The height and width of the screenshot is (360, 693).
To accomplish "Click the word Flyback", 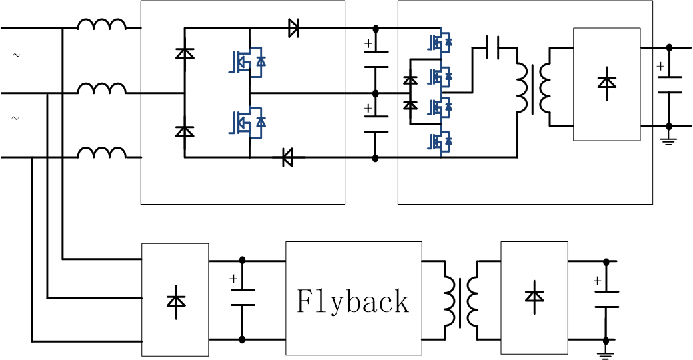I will tap(353, 301).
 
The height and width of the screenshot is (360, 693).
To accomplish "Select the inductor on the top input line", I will tap(101, 25).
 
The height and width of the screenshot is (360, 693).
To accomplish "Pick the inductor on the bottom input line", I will tap(101, 153).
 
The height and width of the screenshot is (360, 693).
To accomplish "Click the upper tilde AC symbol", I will tap(16, 55).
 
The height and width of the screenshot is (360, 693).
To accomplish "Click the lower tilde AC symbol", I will tap(16, 119).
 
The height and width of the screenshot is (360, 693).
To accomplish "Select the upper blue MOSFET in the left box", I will tap(245, 61).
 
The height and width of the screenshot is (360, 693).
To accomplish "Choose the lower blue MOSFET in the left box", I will tap(245, 122).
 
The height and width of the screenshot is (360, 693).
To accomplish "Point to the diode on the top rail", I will tap(293, 28).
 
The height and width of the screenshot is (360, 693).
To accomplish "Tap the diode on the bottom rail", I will tap(288, 158).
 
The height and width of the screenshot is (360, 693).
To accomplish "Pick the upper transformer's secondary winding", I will tap(545, 88).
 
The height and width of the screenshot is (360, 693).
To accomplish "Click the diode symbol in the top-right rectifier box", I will tap(606, 83).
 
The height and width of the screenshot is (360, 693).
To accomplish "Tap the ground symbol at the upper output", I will tap(669, 140).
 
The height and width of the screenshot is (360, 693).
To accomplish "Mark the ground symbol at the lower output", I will tap(606, 354).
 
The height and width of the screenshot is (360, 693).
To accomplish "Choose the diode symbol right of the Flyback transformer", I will tap(534, 296).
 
